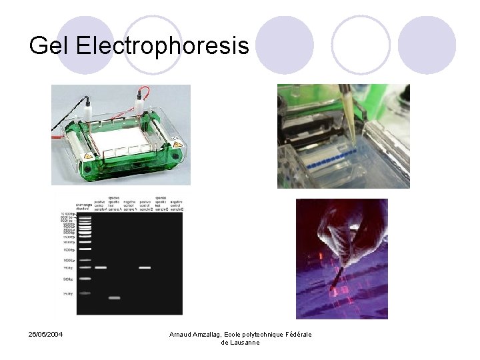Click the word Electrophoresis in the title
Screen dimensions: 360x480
163,46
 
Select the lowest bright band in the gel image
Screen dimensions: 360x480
114,298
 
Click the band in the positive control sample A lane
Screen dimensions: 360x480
101,267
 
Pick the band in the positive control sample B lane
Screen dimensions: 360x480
144,267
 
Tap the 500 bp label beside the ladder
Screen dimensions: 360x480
68,279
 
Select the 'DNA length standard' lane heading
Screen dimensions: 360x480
83,206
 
